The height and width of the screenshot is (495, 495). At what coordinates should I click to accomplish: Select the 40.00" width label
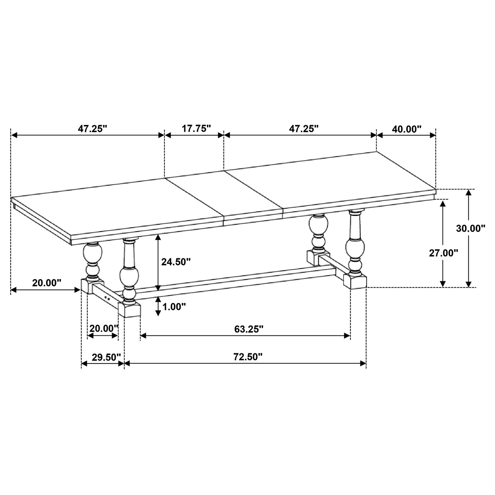pos(406,129)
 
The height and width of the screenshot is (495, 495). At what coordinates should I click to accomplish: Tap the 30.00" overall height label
pos(470,228)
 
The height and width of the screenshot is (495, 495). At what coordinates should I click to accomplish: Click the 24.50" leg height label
pos(176,262)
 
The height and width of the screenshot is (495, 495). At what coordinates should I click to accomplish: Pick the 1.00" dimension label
pos(174,307)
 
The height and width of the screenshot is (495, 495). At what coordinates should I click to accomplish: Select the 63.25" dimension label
pos(249,329)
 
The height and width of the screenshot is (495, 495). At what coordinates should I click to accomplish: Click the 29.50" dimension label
pos(106,357)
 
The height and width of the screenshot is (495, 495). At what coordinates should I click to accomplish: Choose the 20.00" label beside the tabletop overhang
pos(47,283)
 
